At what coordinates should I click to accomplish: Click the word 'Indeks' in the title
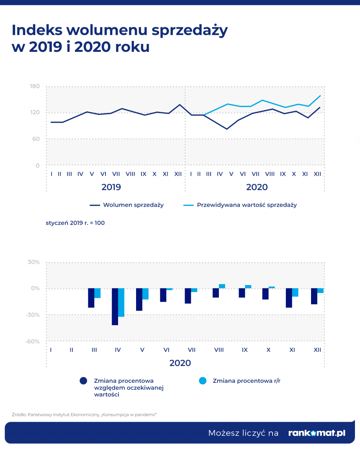point(37,30)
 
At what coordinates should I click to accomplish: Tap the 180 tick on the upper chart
point(35,86)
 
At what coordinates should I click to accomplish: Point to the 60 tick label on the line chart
point(36,139)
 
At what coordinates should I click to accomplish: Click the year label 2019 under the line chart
point(111,187)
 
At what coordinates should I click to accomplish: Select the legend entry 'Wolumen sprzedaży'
point(127,205)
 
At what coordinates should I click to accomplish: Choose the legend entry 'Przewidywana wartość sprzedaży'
point(240,205)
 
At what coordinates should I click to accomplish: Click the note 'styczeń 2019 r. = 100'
point(75,223)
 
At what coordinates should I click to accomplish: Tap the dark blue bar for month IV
point(115,307)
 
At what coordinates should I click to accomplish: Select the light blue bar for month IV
point(121,302)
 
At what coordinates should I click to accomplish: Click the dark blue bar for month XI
point(289,298)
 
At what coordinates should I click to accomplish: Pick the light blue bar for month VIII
point(222,286)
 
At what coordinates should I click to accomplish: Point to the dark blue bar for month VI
point(163,295)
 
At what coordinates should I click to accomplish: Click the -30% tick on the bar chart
point(33,315)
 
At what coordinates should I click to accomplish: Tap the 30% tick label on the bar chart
point(33,262)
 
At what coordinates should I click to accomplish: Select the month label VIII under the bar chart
point(219,350)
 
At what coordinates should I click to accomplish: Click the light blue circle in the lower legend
point(203,381)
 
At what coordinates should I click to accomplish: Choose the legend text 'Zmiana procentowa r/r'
point(247,381)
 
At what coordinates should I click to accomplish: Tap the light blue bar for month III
point(98,293)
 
